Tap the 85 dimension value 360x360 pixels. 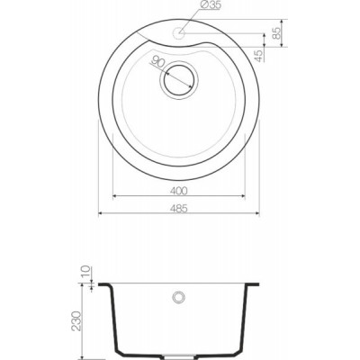pos(276,32)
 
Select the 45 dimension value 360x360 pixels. pos(258,56)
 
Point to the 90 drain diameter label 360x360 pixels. pos(157,61)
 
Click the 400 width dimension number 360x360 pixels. pos(179,191)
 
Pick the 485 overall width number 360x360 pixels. pos(179,208)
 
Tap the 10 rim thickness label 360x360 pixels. pos(85,272)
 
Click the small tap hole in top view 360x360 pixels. pos(179,32)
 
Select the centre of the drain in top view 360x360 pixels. pos(179,80)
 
